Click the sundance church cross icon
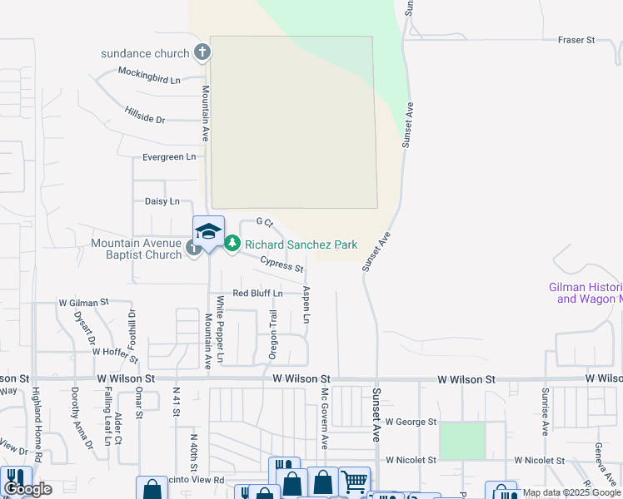pyautogui.click(x=202, y=53)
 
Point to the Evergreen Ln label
pyautogui.click(x=169, y=156)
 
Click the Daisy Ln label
pyautogui.click(x=162, y=201)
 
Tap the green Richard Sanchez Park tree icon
pyautogui.click(x=232, y=244)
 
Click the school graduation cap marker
pyautogui.click(x=208, y=232)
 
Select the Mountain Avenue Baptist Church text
pyautogui.click(x=137, y=249)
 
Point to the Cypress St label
pyautogui.click(x=282, y=264)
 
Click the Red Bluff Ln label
pyautogui.click(x=257, y=294)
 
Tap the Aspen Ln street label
pyautogui.click(x=307, y=305)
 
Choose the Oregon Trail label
pyautogui.click(x=272, y=334)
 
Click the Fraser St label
pyautogui.click(x=576, y=40)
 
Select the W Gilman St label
pyautogui.click(x=83, y=303)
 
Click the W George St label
pyautogui.click(x=411, y=422)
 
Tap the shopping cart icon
pyautogui.click(x=354, y=481)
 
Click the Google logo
pyautogui.click(x=27, y=490)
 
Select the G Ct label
pyautogui.click(x=265, y=222)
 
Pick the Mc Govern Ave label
pyautogui.click(x=325, y=416)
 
